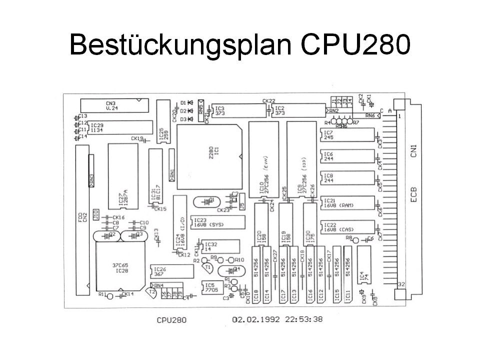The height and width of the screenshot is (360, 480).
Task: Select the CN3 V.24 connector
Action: pos(114,105)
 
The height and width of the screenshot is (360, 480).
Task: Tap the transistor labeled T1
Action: pos(209,268)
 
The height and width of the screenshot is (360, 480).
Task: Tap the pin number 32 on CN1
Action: pos(400,284)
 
